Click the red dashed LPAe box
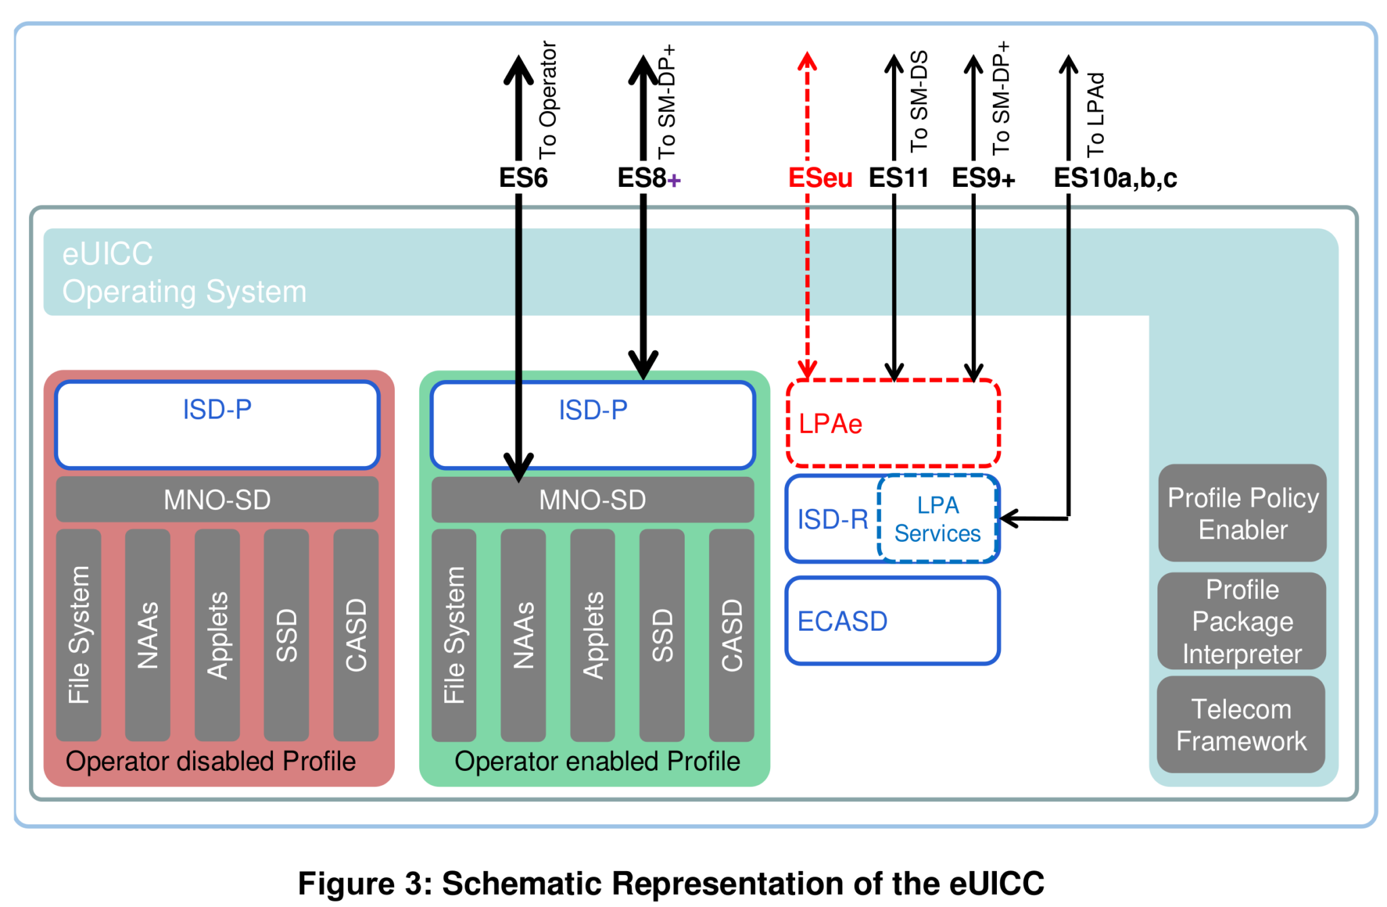893,423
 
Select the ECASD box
893,620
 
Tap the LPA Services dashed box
937,519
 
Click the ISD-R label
832,520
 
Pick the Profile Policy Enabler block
1242,513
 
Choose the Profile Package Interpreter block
1242,621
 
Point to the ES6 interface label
523,178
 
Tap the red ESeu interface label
819,178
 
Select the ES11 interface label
898,178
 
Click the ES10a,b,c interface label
1115,178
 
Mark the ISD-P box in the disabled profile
217,425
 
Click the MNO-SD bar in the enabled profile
593,500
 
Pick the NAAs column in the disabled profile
148,635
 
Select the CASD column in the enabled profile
731,635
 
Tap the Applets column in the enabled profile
593,635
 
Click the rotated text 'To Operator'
547,100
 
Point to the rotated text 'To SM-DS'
918,102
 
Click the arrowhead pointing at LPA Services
1008,519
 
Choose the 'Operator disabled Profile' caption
211,761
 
